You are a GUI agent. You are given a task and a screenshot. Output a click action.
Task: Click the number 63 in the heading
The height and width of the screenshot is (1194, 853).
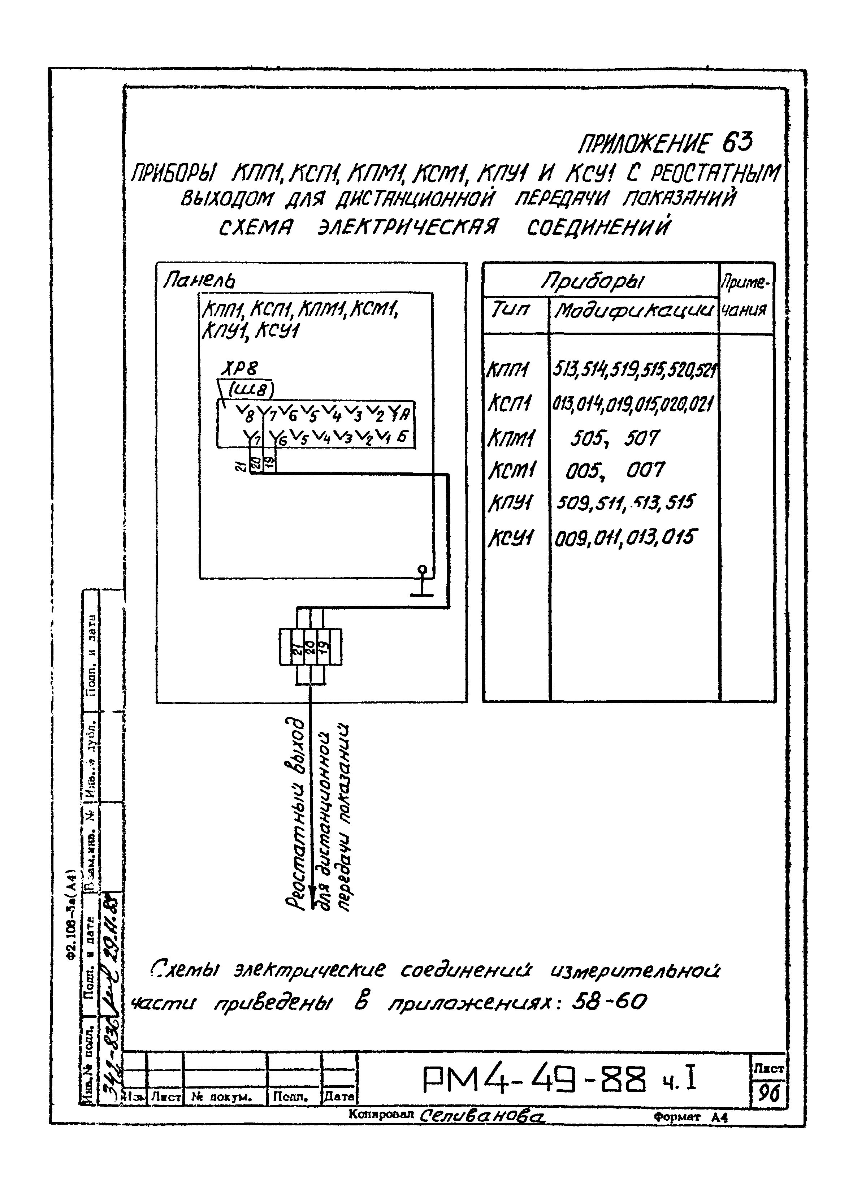[x=737, y=142]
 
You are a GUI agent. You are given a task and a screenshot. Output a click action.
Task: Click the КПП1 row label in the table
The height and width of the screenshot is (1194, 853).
[x=508, y=370]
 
